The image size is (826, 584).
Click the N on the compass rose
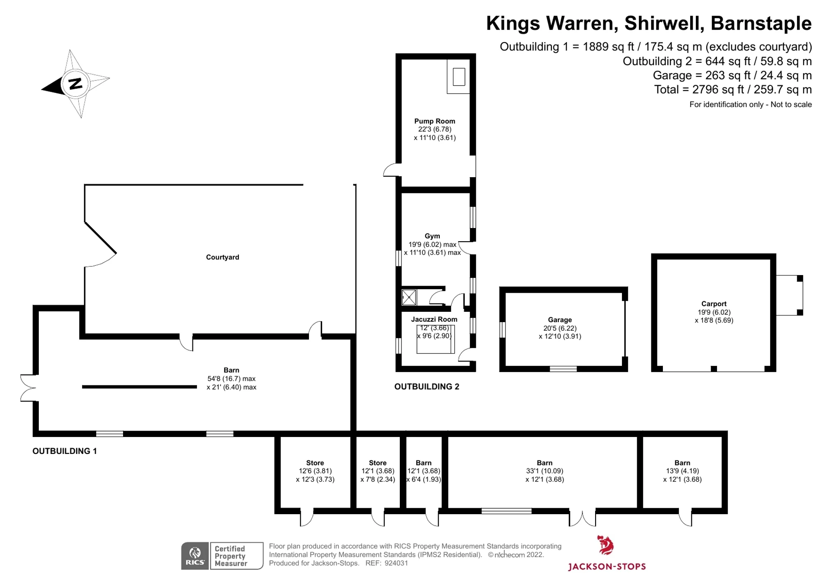point(76,84)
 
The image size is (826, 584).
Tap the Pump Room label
point(434,121)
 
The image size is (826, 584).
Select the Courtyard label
point(223,257)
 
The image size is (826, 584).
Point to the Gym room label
point(432,236)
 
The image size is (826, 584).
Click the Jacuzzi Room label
point(434,319)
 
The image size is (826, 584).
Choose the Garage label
point(560,320)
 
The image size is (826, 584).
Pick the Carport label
point(714,304)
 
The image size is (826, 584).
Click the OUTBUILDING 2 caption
point(427,387)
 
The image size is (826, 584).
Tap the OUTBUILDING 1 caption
point(64,451)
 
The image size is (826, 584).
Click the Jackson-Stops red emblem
point(605,545)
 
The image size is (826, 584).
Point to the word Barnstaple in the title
point(761,24)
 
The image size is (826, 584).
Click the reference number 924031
point(396,563)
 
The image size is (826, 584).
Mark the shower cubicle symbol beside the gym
point(409,297)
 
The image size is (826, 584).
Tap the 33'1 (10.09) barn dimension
point(544,471)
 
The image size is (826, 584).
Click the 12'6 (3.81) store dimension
point(315,471)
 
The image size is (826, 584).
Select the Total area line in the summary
point(733,90)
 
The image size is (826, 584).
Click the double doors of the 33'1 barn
point(582,518)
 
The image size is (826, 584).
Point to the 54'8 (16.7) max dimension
point(231,379)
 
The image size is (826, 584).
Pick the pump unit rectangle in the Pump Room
point(459,77)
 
